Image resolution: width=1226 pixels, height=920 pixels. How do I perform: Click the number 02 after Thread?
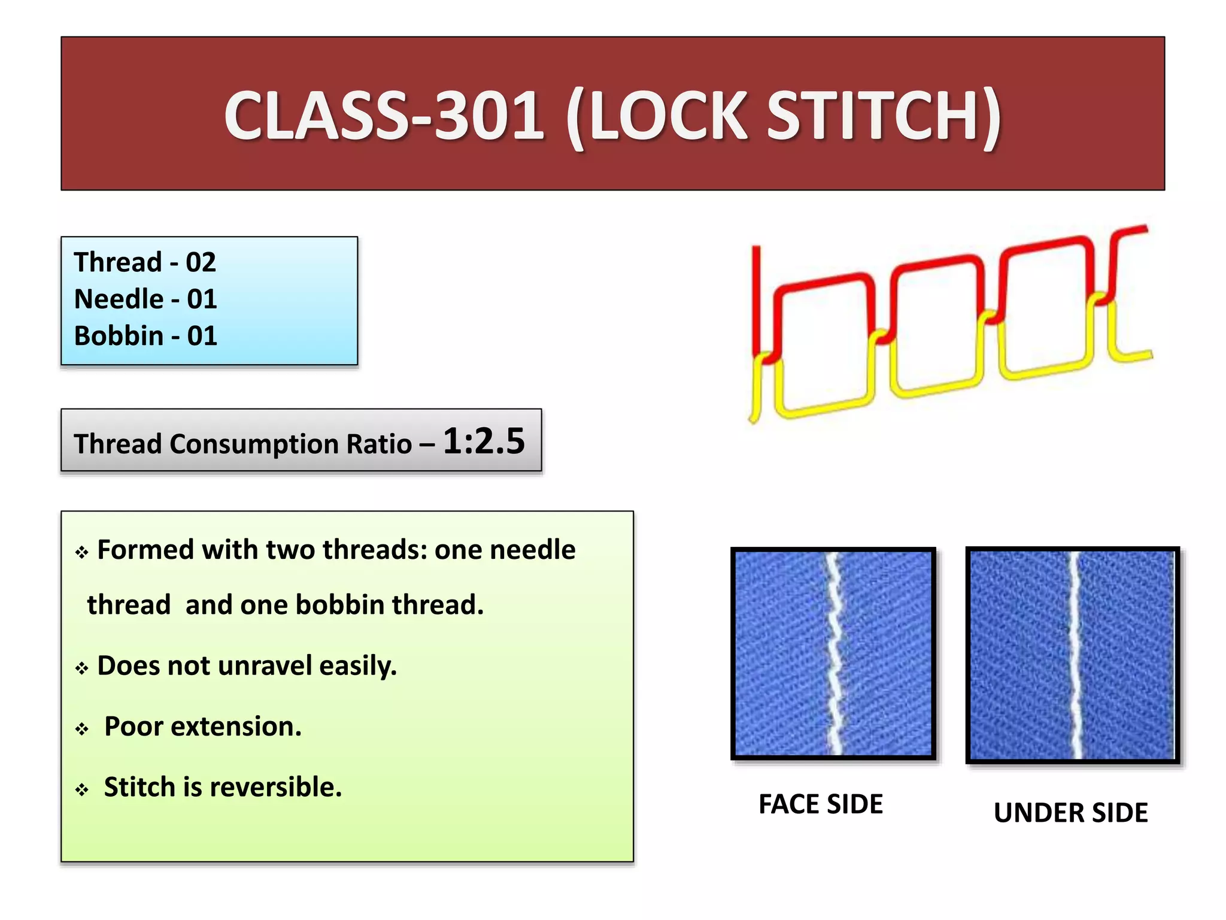coord(201,262)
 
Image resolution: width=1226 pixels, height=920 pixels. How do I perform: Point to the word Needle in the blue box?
coord(119,299)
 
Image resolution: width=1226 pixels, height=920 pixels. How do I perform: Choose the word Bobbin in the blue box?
coord(119,335)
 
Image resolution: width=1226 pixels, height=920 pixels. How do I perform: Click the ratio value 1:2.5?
coord(484,441)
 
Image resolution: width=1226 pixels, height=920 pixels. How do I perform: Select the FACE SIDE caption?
coord(821,804)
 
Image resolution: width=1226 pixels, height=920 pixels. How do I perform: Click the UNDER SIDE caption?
coord(1070,813)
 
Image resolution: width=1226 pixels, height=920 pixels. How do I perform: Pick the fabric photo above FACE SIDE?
coord(833,653)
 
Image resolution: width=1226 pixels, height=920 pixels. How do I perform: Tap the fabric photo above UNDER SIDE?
coord(1072,655)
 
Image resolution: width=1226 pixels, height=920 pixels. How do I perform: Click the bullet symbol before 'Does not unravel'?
coord(82,668)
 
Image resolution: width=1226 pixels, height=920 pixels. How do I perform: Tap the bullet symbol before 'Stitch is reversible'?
coord(82,790)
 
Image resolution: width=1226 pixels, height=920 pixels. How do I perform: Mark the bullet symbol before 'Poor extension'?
coord(82,730)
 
